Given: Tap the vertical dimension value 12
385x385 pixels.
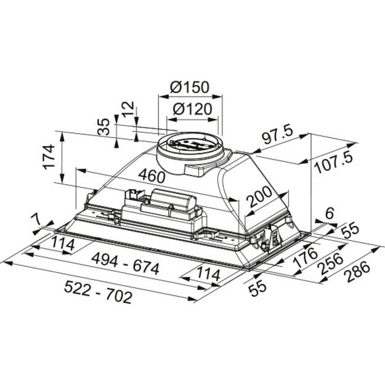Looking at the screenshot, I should [128, 110].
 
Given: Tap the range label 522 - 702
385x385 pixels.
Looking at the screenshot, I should [99, 297].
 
